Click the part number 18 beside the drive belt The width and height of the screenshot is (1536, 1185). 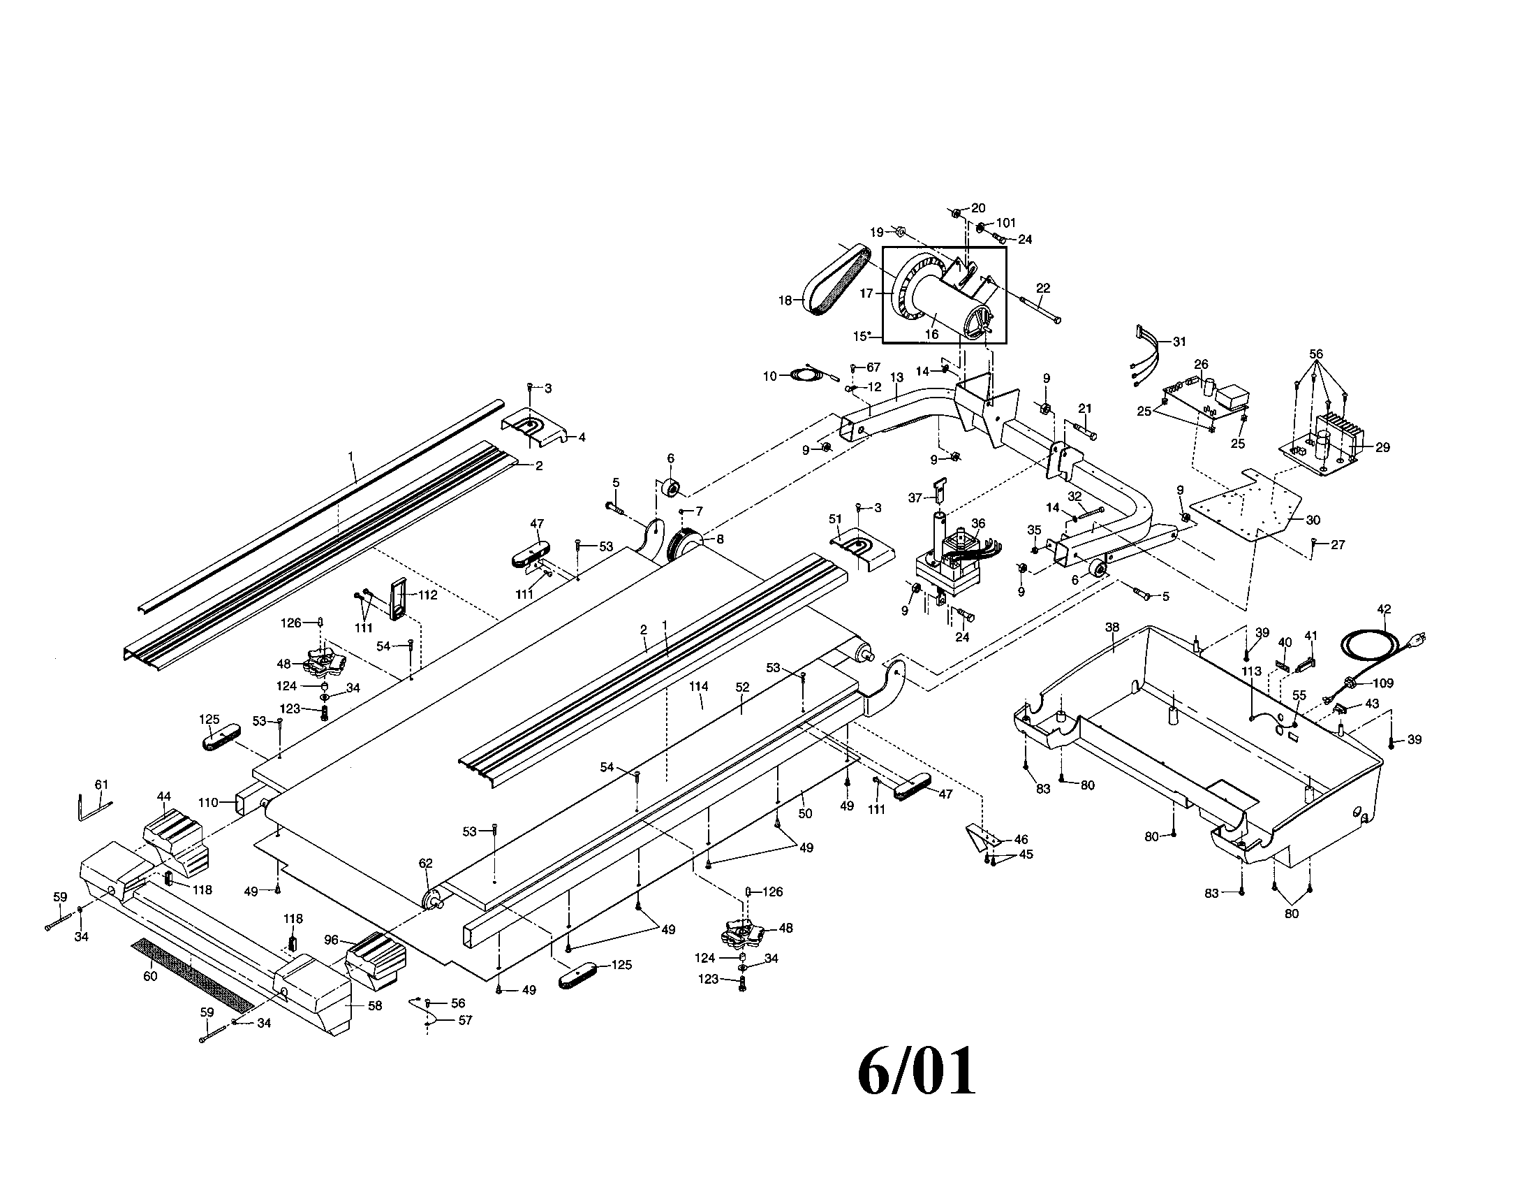pyautogui.click(x=785, y=300)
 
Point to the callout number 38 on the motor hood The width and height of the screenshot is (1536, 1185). pyautogui.click(x=1112, y=627)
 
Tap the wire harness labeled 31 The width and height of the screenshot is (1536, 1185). pyautogui.click(x=1144, y=356)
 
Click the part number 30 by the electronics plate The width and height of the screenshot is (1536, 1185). pyautogui.click(x=1313, y=520)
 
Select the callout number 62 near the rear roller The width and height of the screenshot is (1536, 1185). pyautogui.click(x=425, y=864)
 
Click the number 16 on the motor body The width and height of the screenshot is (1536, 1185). pyautogui.click(x=931, y=335)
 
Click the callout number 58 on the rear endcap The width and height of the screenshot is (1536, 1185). pyautogui.click(x=375, y=1006)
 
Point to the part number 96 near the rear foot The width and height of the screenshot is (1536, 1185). pyautogui.click(x=331, y=940)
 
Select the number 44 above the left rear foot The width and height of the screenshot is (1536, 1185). pyautogui.click(x=164, y=797)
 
